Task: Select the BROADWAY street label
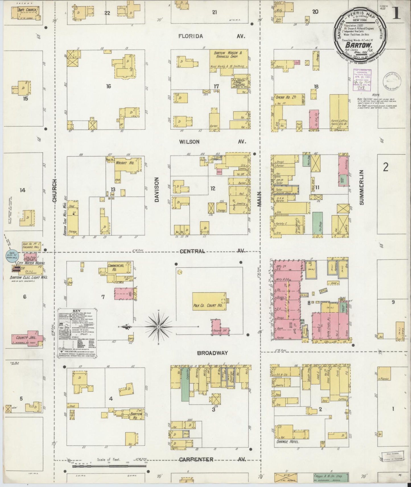(x=213, y=353)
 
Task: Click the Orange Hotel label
(x=288, y=450)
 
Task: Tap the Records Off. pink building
(x=220, y=328)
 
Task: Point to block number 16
(x=108, y=86)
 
